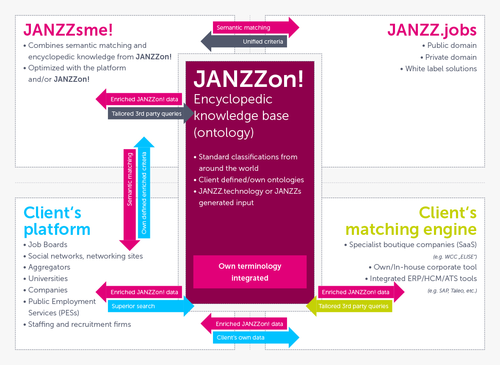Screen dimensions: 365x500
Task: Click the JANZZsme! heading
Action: [x=68, y=30]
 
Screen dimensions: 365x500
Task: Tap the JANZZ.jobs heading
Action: [x=432, y=30]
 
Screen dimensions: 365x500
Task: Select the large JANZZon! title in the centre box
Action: [x=249, y=79]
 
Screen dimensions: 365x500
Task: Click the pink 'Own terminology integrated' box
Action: [x=250, y=272]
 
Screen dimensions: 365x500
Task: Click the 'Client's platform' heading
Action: [x=57, y=221]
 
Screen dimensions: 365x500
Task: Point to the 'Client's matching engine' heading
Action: [x=411, y=221]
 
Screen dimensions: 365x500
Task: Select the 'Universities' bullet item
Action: [x=48, y=279]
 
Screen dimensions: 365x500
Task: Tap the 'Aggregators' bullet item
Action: [x=49, y=267]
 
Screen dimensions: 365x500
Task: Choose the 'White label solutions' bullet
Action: [x=441, y=69]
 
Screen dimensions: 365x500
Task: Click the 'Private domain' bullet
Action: [x=450, y=57]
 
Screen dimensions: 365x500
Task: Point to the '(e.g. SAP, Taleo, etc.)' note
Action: [x=452, y=291]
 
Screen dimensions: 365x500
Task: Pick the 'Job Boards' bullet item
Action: [x=47, y=245]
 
